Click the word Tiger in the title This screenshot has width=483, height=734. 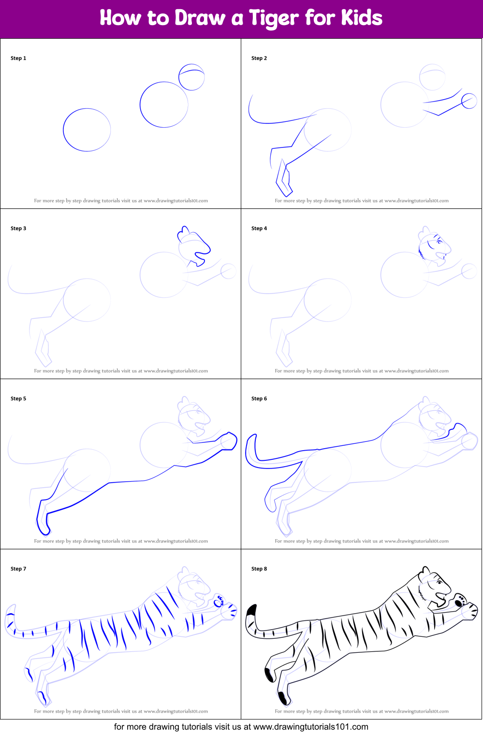tap(274, 18)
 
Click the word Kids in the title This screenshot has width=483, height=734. tap(362, 18)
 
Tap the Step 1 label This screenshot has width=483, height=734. tap(18, 58)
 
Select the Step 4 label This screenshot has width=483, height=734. tap(259, 228)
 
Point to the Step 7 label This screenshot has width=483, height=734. tap(18, 569)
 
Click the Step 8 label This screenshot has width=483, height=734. tap(259, 569)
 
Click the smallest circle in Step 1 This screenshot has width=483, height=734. tap(191, 77)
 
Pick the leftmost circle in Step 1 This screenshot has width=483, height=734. tap(87, 130)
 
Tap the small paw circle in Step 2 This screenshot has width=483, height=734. tap(468, 101)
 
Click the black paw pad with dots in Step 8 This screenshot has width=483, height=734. tap(459, 601)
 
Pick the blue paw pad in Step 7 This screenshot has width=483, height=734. tap(219, 601)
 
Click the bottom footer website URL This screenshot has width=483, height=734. tap(310, 727)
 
